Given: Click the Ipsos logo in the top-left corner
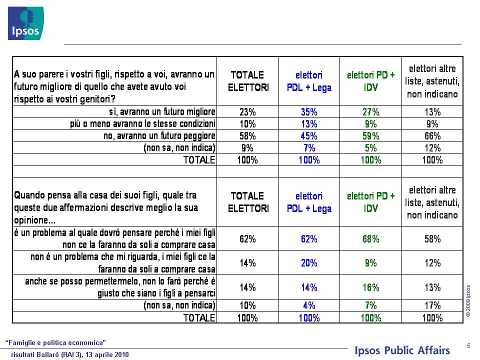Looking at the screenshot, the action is [x=25, y=23].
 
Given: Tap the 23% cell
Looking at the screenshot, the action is [x=247, y=111].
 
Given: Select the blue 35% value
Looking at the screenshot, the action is [x=309, y=111].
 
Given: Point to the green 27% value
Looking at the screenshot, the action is [x=370, y=111].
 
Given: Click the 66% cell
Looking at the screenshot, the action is [x=432, y=135].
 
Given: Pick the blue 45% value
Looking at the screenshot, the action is [x=309, y=135].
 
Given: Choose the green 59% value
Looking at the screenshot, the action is [x=370, y=135].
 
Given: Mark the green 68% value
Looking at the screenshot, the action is [x=370, y=238].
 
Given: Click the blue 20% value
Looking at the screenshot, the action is [x=309, y=262].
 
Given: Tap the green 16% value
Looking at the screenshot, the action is [x=370, y=287].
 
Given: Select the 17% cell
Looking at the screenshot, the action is [x=432, y=305].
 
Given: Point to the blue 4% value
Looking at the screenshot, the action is [x=309, y=305].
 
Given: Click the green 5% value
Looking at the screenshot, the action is [x=370, y=148].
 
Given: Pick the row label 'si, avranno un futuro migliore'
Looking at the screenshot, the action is [x=162, y=111].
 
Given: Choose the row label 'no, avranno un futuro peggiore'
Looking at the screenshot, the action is [x=159, y=135].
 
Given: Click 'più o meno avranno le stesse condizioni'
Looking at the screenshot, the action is [x=142, y=123].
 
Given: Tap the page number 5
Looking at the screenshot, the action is [x=468, y=346].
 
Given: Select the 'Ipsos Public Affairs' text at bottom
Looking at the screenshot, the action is [x=402, y=350].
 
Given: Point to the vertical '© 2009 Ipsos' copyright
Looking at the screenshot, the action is [x=468, y=300].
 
